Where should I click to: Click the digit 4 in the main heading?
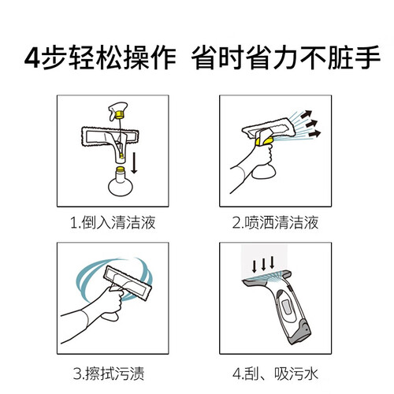32,58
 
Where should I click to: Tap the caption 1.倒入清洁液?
113,222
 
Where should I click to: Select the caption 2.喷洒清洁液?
275,222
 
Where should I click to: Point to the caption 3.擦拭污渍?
109,374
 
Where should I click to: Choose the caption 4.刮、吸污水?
275,374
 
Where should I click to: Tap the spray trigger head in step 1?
118,110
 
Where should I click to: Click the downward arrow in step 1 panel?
134,163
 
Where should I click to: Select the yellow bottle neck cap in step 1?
121,169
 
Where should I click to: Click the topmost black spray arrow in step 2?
307,114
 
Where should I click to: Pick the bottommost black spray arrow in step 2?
314,134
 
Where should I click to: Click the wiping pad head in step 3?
128,282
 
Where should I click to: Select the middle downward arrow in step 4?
263,265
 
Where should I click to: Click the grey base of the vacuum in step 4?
301,333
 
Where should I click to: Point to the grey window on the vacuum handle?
287,307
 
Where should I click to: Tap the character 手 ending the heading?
367,58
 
